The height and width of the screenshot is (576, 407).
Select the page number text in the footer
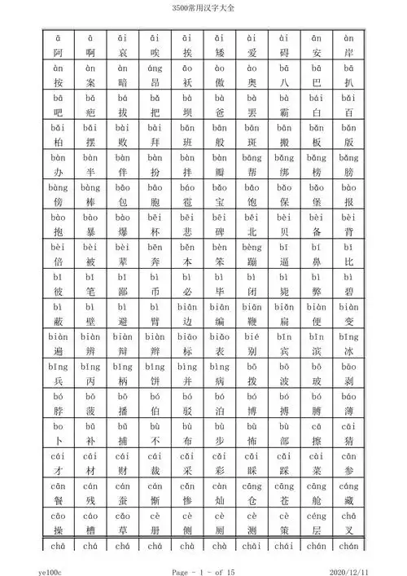[x=203, y=563]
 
